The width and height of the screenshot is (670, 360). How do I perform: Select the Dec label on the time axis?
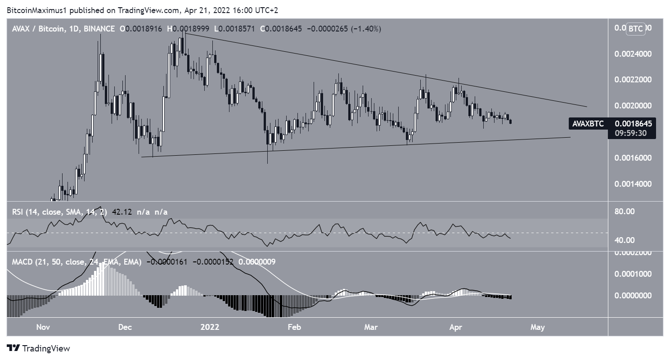(x=125, y=327)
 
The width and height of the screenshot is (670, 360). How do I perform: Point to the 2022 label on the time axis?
(x=210, y=327)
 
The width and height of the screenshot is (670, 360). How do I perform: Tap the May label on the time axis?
(x=538, y=327)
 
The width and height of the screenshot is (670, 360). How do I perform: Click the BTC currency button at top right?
(x=635, y=29)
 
